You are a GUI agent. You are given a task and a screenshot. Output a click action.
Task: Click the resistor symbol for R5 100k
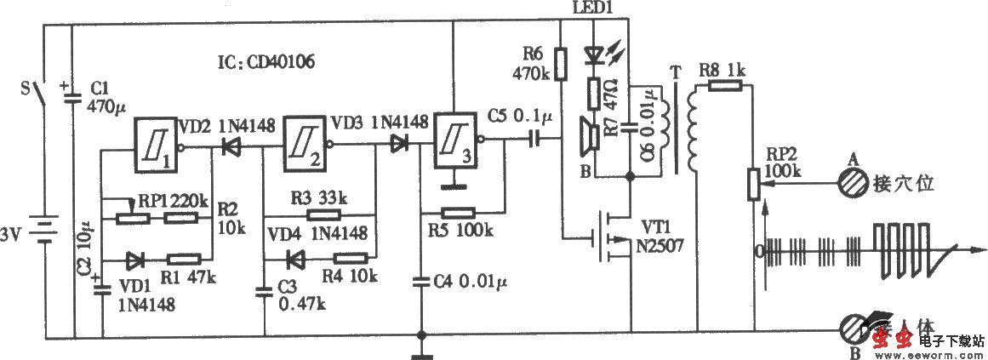[x=461, y=209]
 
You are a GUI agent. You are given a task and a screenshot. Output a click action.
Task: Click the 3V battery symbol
[x=44, y=228]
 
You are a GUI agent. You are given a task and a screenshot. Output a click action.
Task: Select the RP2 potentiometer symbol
[x=752, y=183]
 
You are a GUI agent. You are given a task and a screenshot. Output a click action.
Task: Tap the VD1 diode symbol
[x=136, y=258]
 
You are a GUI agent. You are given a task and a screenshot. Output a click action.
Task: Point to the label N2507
[x=663, y=247]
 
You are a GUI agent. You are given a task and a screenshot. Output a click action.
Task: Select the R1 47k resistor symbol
[x=184, y=258]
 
